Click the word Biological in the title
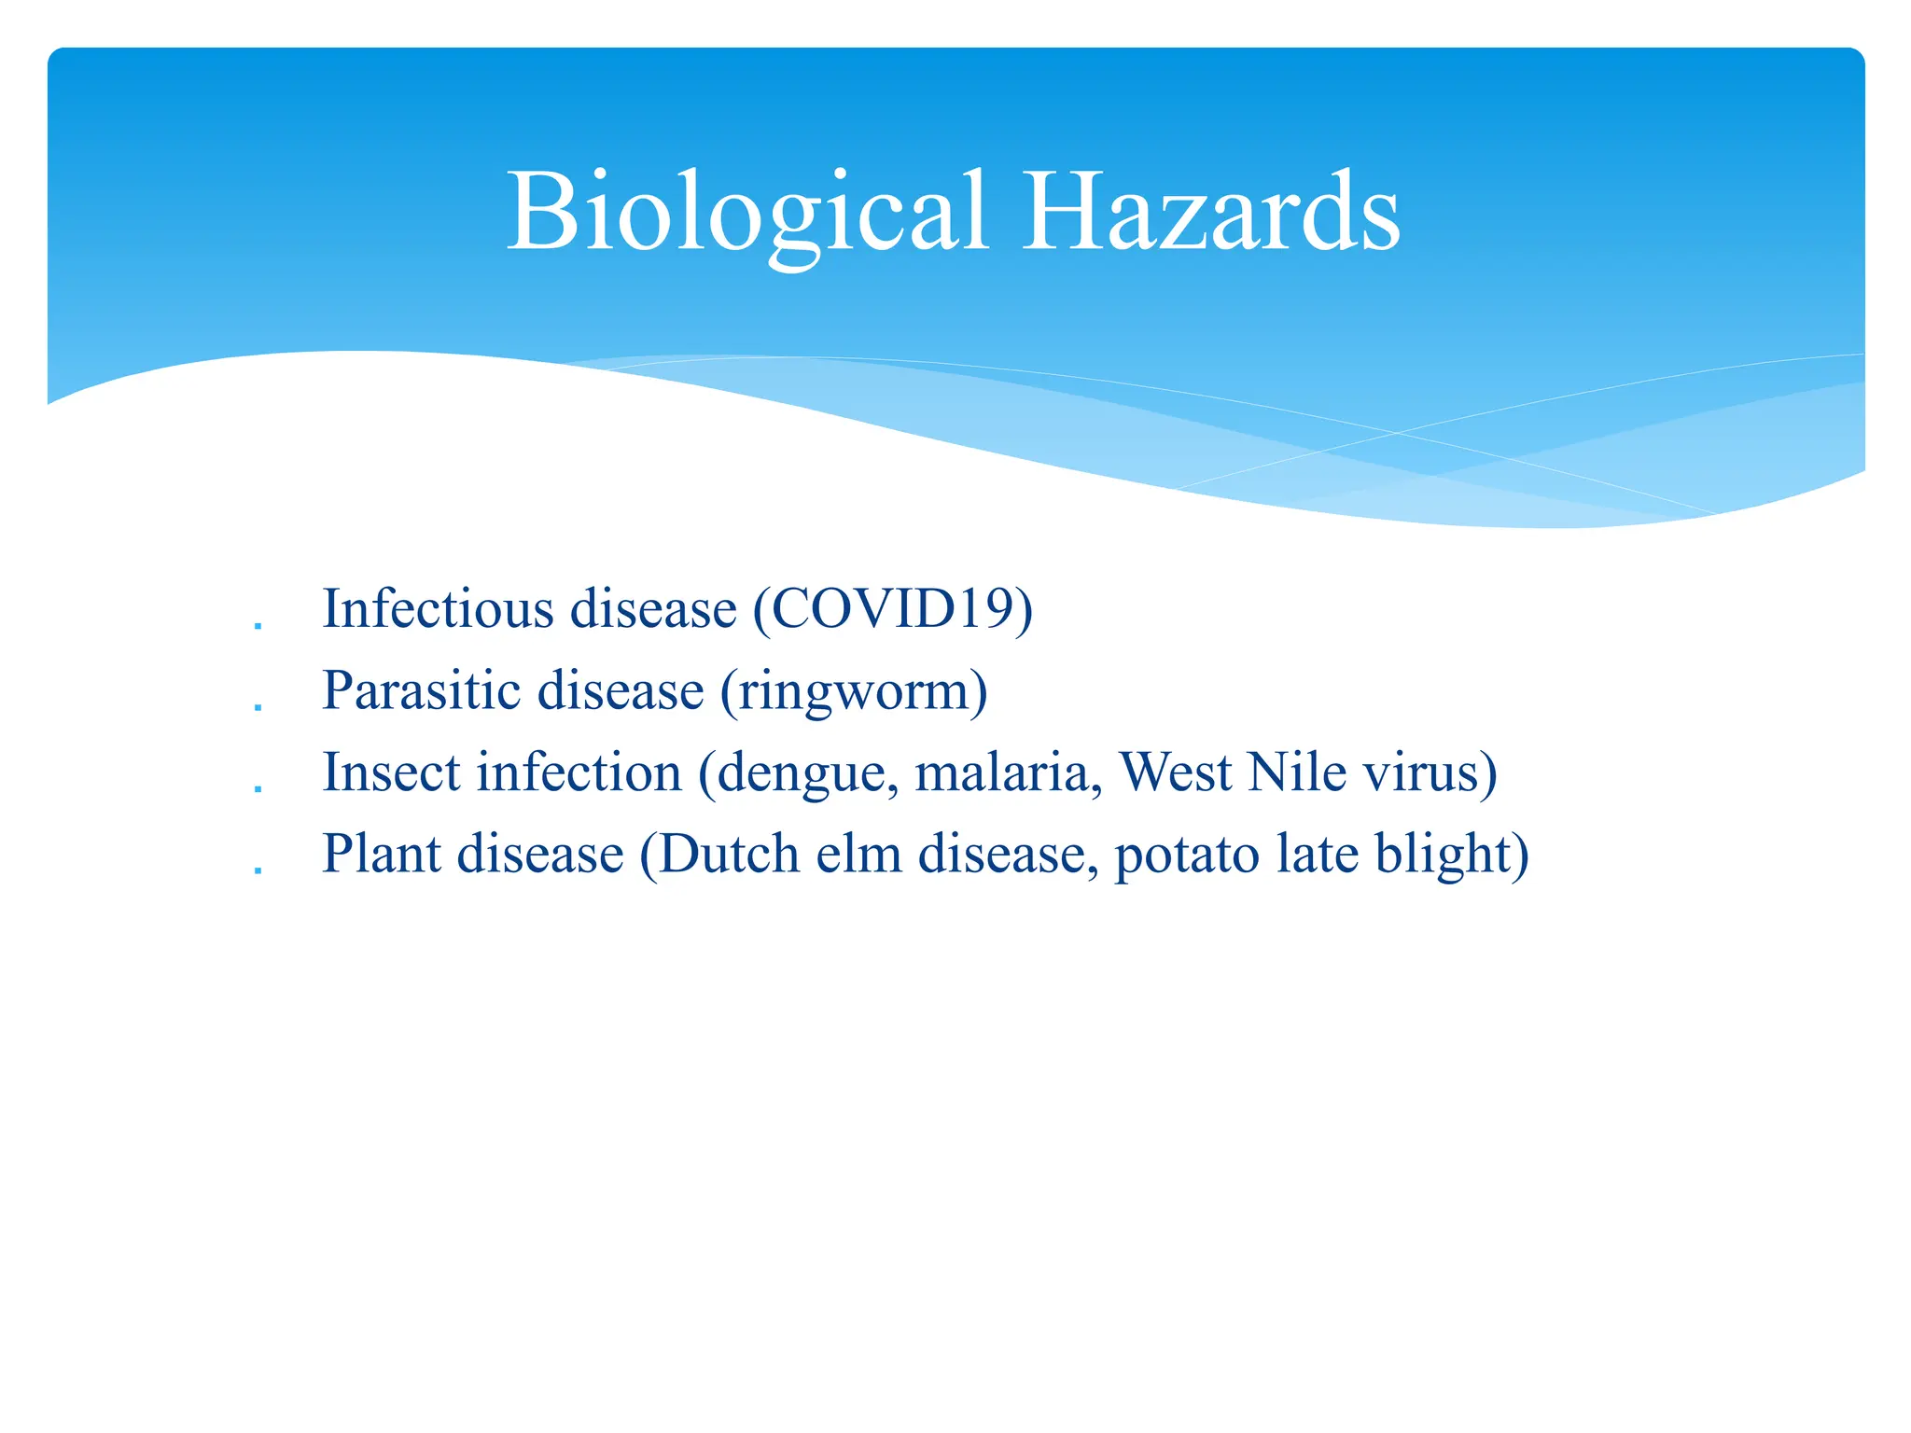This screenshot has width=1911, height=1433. pos(746,213)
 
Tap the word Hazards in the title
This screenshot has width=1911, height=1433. pos(1210,213)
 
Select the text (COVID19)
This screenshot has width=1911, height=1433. pos(893,609)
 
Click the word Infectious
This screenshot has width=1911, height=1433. pos(438,609)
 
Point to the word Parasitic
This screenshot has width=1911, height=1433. pos(425,691)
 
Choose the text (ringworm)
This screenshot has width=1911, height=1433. pos(854,691)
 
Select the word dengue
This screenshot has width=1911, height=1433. pos(802,774)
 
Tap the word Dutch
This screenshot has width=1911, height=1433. pos(729,854)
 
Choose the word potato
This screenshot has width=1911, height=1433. pos(1187,856)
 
